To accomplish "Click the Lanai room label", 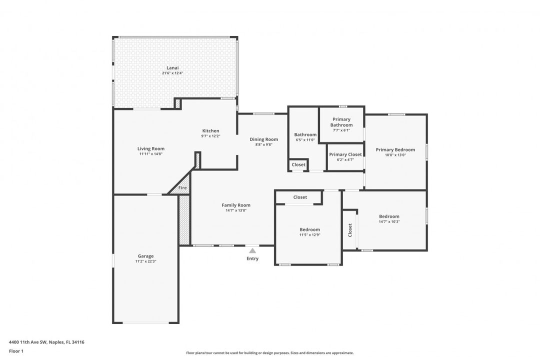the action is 172,68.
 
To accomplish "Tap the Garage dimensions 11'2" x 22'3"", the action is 145,261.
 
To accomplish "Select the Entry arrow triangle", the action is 252,250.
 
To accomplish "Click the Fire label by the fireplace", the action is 182,188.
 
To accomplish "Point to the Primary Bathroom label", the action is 341,122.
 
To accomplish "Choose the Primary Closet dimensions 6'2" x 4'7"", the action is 345,160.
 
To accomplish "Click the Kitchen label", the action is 210,130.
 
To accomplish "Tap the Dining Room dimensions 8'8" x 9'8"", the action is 264,144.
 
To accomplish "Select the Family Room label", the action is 236,205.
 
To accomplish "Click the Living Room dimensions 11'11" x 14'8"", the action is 151,154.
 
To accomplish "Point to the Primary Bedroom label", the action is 395,149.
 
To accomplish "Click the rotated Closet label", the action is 350,230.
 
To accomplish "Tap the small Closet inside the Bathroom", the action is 298,164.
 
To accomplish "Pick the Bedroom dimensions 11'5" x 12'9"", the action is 309,235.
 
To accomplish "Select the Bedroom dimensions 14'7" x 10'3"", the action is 389,222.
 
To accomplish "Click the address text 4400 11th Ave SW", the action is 27,342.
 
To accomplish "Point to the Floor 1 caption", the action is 16,351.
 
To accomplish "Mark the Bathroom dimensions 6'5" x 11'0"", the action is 305,140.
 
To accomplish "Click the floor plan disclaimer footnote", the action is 269,353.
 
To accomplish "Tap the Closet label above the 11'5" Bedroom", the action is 300,197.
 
